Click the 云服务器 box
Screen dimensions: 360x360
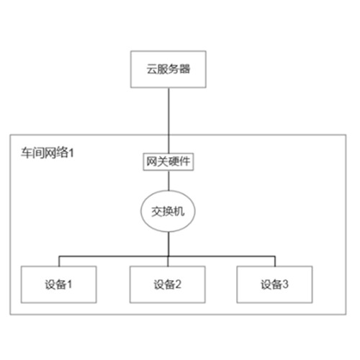[x=168, y=69]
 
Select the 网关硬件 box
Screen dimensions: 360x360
[x=168, y=162]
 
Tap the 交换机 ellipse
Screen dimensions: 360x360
[x=168, y=211]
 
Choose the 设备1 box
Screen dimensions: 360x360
[x=59, y=284]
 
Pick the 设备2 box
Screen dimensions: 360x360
[x=168, y=284]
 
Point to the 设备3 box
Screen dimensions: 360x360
[x=274, y=284]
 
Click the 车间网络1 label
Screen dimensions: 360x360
[x=48, y=153]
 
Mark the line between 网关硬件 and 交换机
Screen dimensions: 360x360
[x=168, y=181]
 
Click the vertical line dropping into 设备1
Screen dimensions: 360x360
[x=59, y=261]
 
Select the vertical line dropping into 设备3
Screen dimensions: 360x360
[x=275, y=261]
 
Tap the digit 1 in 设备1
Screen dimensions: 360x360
[x=69, y=284]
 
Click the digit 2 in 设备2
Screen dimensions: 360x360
[x=178, y=284]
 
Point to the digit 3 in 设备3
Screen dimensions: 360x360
[x=285, y=284]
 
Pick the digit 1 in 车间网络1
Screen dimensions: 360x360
[x=71, y=153]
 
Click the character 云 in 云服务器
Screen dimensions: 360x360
[x=152, y=69]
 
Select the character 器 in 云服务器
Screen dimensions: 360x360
[x=184, y=69]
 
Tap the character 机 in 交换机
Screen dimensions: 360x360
[x=179, y=212]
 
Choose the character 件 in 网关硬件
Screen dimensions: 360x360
[x=184, y=161]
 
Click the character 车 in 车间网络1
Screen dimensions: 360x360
[x=27, y=153]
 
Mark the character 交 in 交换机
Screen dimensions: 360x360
[x=157, y=212]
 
